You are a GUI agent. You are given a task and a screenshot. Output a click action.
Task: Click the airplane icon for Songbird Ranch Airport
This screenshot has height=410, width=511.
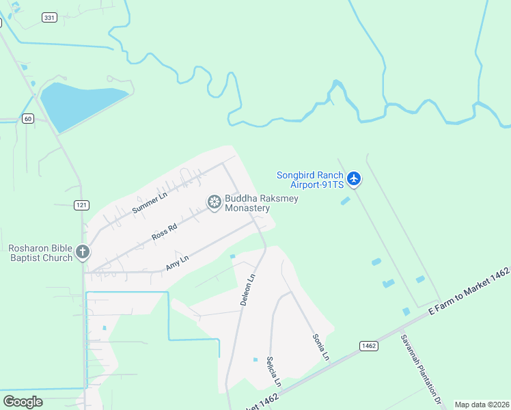tap(353, 179)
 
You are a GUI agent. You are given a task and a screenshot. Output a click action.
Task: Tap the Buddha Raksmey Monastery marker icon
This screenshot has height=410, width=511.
tap(214, 202)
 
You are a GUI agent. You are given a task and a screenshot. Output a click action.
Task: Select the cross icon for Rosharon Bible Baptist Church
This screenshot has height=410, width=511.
tap(82, 252)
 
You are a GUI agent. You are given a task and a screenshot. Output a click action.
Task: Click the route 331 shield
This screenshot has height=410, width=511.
tap(49, 18)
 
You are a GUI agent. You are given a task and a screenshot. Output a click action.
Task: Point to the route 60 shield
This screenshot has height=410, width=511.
tap(27, 118)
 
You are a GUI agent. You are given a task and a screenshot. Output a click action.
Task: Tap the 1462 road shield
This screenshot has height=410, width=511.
tap(368, 346)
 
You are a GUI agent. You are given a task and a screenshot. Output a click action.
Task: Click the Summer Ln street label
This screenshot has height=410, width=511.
tap(150, 203)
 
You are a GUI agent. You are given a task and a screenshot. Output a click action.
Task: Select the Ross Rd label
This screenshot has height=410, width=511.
tap(165, 232)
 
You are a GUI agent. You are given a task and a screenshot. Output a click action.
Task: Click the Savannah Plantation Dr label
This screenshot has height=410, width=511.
tap(422, 370)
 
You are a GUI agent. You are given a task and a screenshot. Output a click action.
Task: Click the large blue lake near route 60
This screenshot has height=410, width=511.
tap(79, 105)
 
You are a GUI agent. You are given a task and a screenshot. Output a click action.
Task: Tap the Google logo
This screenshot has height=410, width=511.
tap(23, 402)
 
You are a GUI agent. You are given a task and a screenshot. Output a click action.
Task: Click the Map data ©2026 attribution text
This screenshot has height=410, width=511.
tap(482, 405)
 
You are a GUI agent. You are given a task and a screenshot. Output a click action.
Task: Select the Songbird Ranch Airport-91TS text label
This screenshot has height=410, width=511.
tap(309, 180)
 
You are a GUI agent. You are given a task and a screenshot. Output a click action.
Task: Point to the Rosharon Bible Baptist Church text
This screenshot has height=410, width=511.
tap(40, 253)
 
